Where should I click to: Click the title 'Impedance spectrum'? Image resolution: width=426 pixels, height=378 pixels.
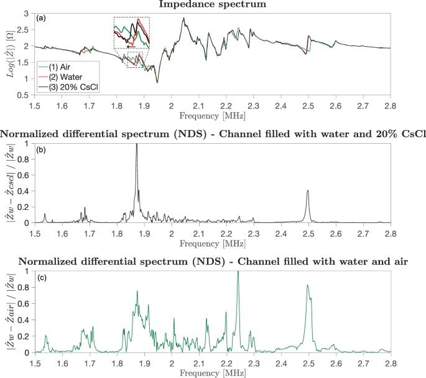[x=212, y=4]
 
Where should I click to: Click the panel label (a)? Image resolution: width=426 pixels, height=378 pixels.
[x=41, y=18]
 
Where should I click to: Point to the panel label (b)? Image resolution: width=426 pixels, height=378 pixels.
[x=41, y=148]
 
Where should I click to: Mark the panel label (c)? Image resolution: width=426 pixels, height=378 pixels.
[x=41, y=276]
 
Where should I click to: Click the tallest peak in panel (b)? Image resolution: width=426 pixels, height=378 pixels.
[x=136, y=145]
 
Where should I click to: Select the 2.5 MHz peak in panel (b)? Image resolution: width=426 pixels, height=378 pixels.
[x=308, y=191]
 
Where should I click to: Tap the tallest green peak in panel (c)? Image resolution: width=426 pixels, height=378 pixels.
[x=238, y=273]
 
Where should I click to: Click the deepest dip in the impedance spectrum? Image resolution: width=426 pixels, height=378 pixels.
[x=157, y=82]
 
